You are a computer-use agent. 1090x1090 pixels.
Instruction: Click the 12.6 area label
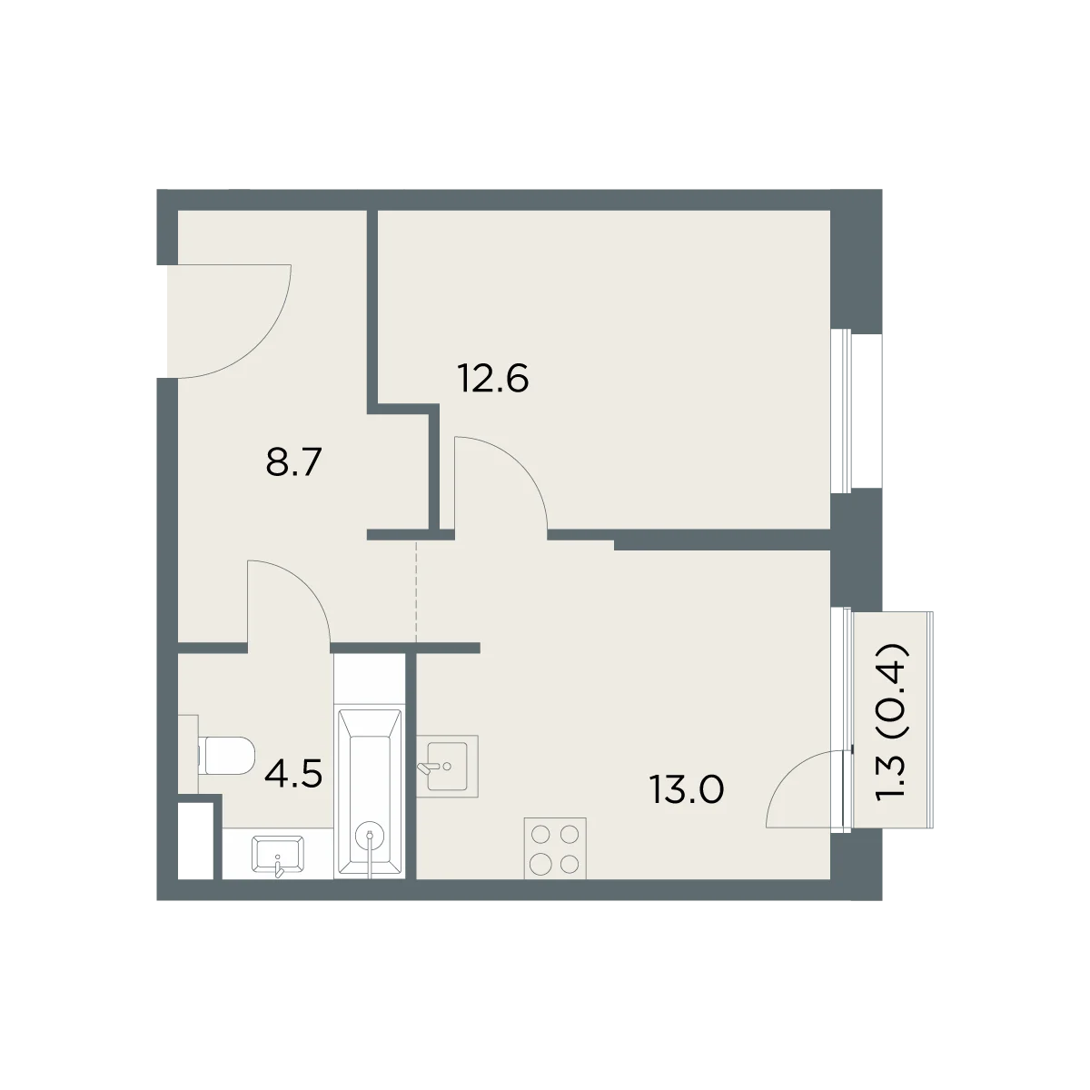coord(493,379)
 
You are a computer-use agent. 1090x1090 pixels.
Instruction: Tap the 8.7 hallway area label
coord(293,461)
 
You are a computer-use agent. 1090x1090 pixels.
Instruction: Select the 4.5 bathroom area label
coord(293,774)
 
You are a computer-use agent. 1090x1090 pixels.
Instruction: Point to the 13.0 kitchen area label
coord(687,789)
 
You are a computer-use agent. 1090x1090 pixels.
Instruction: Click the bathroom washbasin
coord(277,856)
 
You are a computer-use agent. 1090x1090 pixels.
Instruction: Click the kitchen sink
coord(448,766)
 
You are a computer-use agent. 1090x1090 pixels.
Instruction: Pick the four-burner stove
coord(555,848)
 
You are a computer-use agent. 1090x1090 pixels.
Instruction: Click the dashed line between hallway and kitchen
coord(416,591)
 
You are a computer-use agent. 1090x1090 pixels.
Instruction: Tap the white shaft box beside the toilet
coord(195,840)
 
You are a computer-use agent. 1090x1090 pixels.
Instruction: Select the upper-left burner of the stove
coord(540,834)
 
